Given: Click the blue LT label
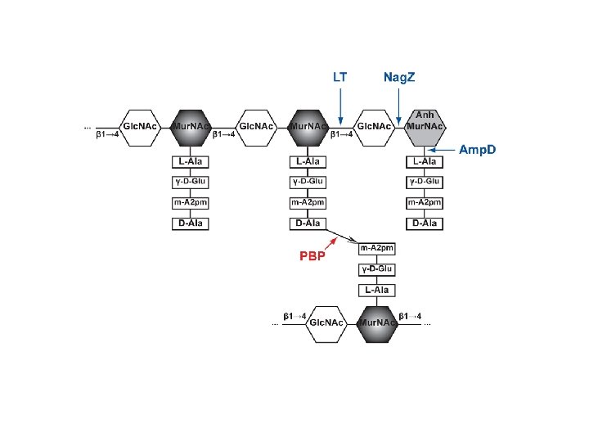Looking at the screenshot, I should click(x=340, y=78).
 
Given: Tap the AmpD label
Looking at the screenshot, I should click(x=478, y=150).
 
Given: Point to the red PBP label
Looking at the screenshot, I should click(x=311, y=255).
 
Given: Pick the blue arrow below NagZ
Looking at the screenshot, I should click(x=398, y=105).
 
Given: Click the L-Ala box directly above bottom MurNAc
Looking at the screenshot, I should click(x=377, y=291).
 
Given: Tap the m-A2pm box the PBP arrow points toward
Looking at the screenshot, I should click(x=377, y=248).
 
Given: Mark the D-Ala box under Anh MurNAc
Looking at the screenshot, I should click(x=425, y=223).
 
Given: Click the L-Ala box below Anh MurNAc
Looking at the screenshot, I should click(x=425, y=161).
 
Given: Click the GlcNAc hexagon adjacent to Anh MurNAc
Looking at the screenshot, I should click(x=375, y=127).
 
